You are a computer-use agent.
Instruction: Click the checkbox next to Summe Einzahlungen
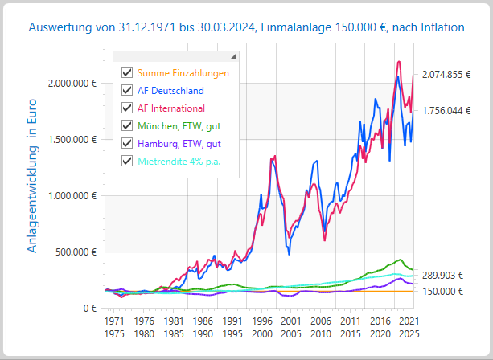pyautogui.click(x=126, y=73)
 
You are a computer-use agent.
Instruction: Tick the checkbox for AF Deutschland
pyautogui.click(x=126, y=91)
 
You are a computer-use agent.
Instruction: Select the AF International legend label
pyautogui.click(x=170, y=108)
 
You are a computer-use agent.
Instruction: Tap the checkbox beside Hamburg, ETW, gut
pyautogui.click(x=126, y=143)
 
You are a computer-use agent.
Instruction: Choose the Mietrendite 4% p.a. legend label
pyautogui.click(x=179, y=161)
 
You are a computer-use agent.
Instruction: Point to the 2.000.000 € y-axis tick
pyautogui.click(x=72, y=83)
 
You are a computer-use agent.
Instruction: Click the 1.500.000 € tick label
pyautogui.click(x=72, y=139)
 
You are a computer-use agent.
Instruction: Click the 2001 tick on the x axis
pyautogui.click(x=292, y=321)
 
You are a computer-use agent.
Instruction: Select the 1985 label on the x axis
pyautogui.click(x=175, y=333)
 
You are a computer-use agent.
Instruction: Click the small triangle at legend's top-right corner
pyautogui.click(x=233, y=57)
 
